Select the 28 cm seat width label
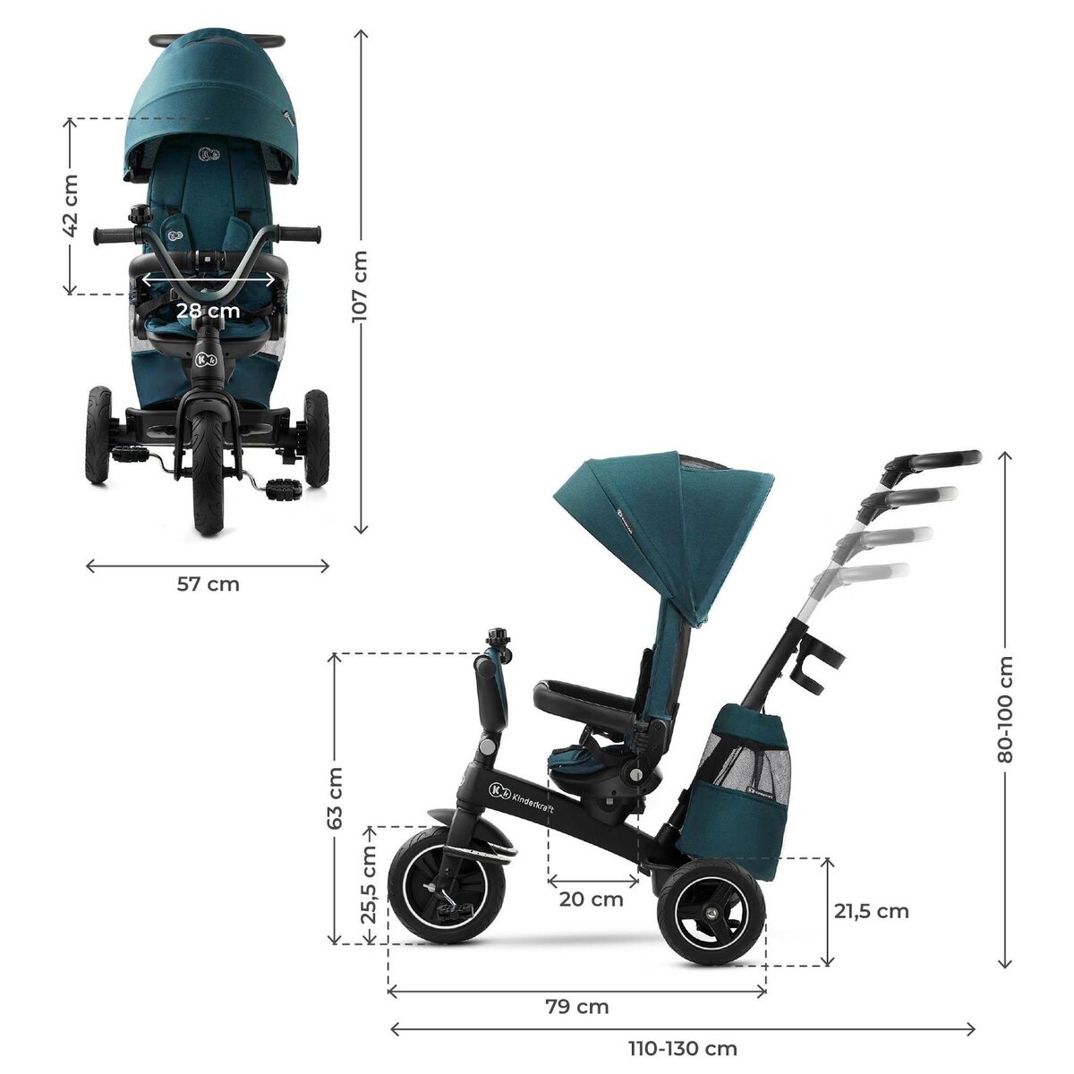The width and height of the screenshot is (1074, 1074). pos(208,311)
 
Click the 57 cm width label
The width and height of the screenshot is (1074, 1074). pos(208,584)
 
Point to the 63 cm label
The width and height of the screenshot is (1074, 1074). pos(335,797)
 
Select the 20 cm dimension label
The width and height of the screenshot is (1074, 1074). pos(592,899)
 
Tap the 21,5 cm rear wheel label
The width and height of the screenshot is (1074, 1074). pos(871,911)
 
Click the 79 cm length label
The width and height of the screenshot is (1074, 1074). pos(577,1007)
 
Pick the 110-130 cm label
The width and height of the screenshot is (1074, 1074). pos(683,1048)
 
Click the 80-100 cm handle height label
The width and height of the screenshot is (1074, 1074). pos(1005,710)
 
